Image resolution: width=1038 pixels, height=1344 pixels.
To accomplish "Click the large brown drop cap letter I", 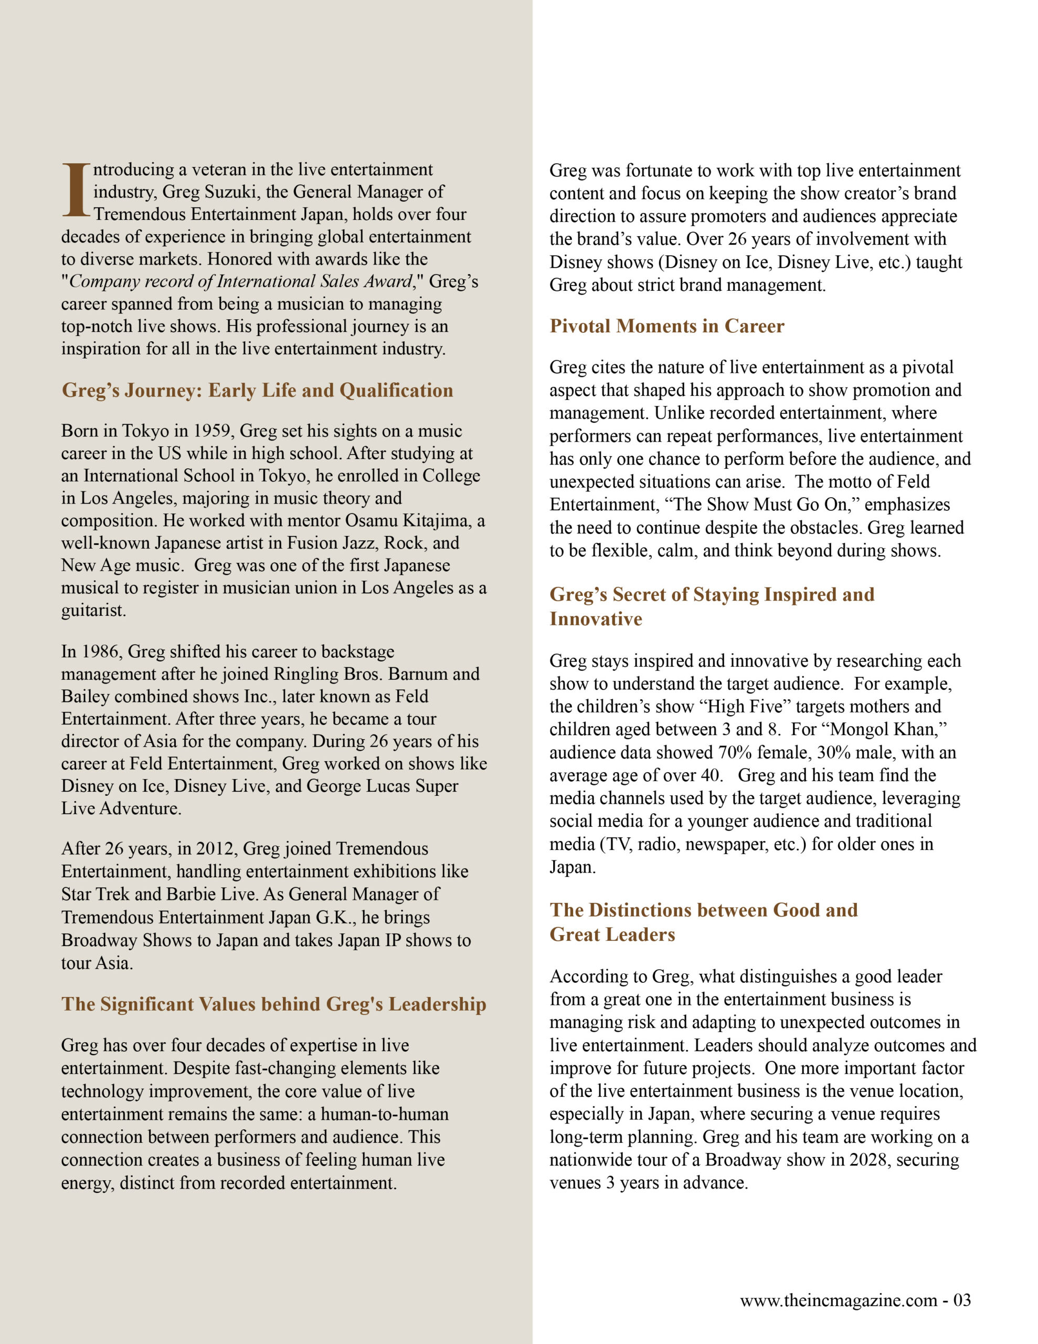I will [x=76, y=190].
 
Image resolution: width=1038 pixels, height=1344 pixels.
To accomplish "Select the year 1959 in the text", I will [x=215, y=431].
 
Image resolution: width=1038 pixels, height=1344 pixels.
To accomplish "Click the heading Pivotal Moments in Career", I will [x=666, y=325].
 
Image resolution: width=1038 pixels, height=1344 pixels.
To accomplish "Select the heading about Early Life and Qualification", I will [x=257, y=390].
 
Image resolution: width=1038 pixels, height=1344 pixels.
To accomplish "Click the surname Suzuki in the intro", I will [x=229, y=192].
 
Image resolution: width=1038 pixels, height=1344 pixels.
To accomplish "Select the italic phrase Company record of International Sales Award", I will [x=240, y=281].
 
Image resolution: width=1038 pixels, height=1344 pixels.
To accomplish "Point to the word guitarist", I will [x=93, y=611].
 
